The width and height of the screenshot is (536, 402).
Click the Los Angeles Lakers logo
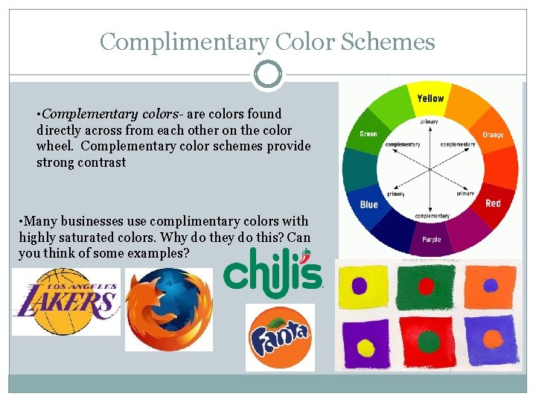pyautogui.click(x=66, y=301)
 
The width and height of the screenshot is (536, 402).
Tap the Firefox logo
pyautogui.click(x=169, y=309)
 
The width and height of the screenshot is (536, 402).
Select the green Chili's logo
pyautogui.click(x=273, y=270)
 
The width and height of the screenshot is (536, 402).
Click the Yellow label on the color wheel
pyautogui.click(x=430, y=98)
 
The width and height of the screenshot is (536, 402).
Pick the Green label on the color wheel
pyautogui.click(x=368, y=135)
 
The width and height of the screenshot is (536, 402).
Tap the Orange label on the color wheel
pyautogui.click(x=493, y=135)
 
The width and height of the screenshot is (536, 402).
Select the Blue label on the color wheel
pyautogui.click(x=369, y=205)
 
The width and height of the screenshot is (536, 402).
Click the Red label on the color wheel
pyautogui.click(x=493, y=203)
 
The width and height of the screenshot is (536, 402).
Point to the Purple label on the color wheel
pyautogui.click(x=432, y=240)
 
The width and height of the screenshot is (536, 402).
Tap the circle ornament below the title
pyautogui.click(x=268, y=74)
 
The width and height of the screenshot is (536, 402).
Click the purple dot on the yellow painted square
pyautogui.click(x=360, y=286)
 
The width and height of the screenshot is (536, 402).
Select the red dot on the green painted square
pyautogui.click(x=426, y=286)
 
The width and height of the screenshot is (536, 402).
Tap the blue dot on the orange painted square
pyautogui.click(x=490, y=285)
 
